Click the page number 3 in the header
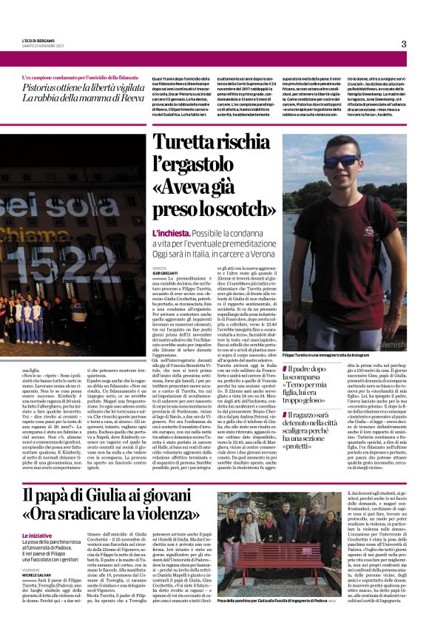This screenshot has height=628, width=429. pyautogui.click(x=404, y=44)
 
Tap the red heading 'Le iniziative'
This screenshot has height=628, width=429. pyautogui.click(x=57, y=534)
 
